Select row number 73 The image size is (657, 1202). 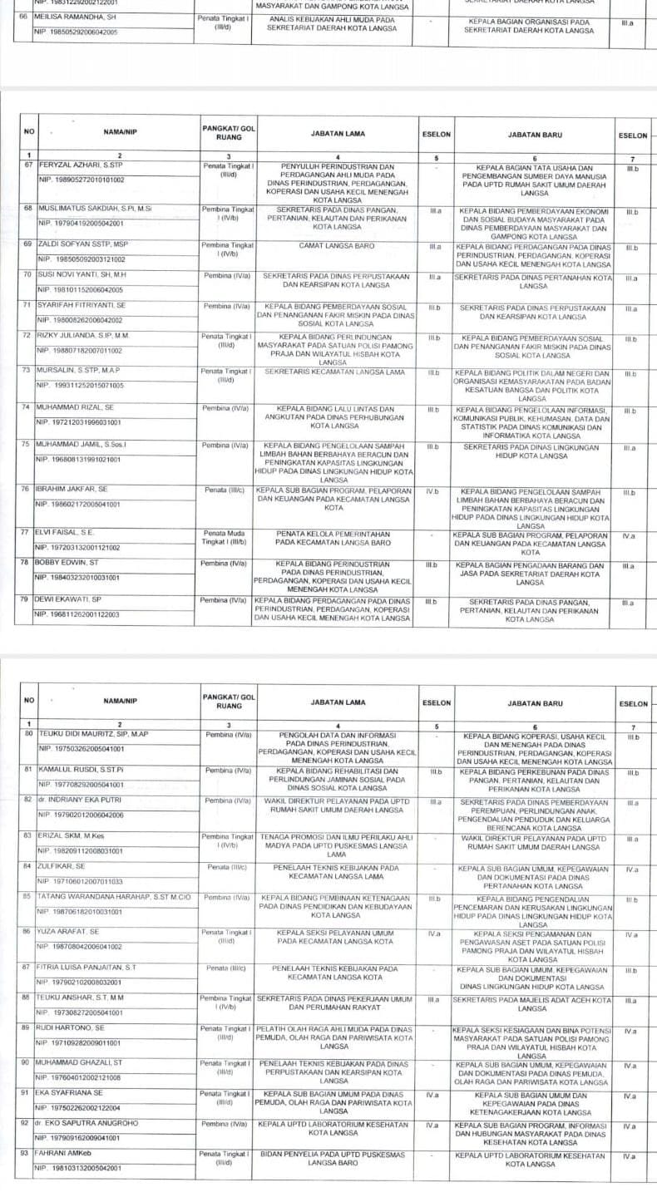click(27, 371)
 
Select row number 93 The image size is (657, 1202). click(27, 1153)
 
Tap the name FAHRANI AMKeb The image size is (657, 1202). click(68, 1153)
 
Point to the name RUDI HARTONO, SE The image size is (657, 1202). click(70, 1028)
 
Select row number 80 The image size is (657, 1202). click(27, 734)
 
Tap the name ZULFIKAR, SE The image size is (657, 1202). click(62, 866)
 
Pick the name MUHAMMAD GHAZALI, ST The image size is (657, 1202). click(80, 1063)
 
